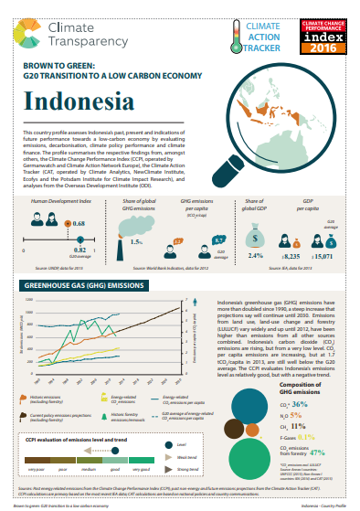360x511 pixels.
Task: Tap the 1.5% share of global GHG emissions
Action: [136, 242]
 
